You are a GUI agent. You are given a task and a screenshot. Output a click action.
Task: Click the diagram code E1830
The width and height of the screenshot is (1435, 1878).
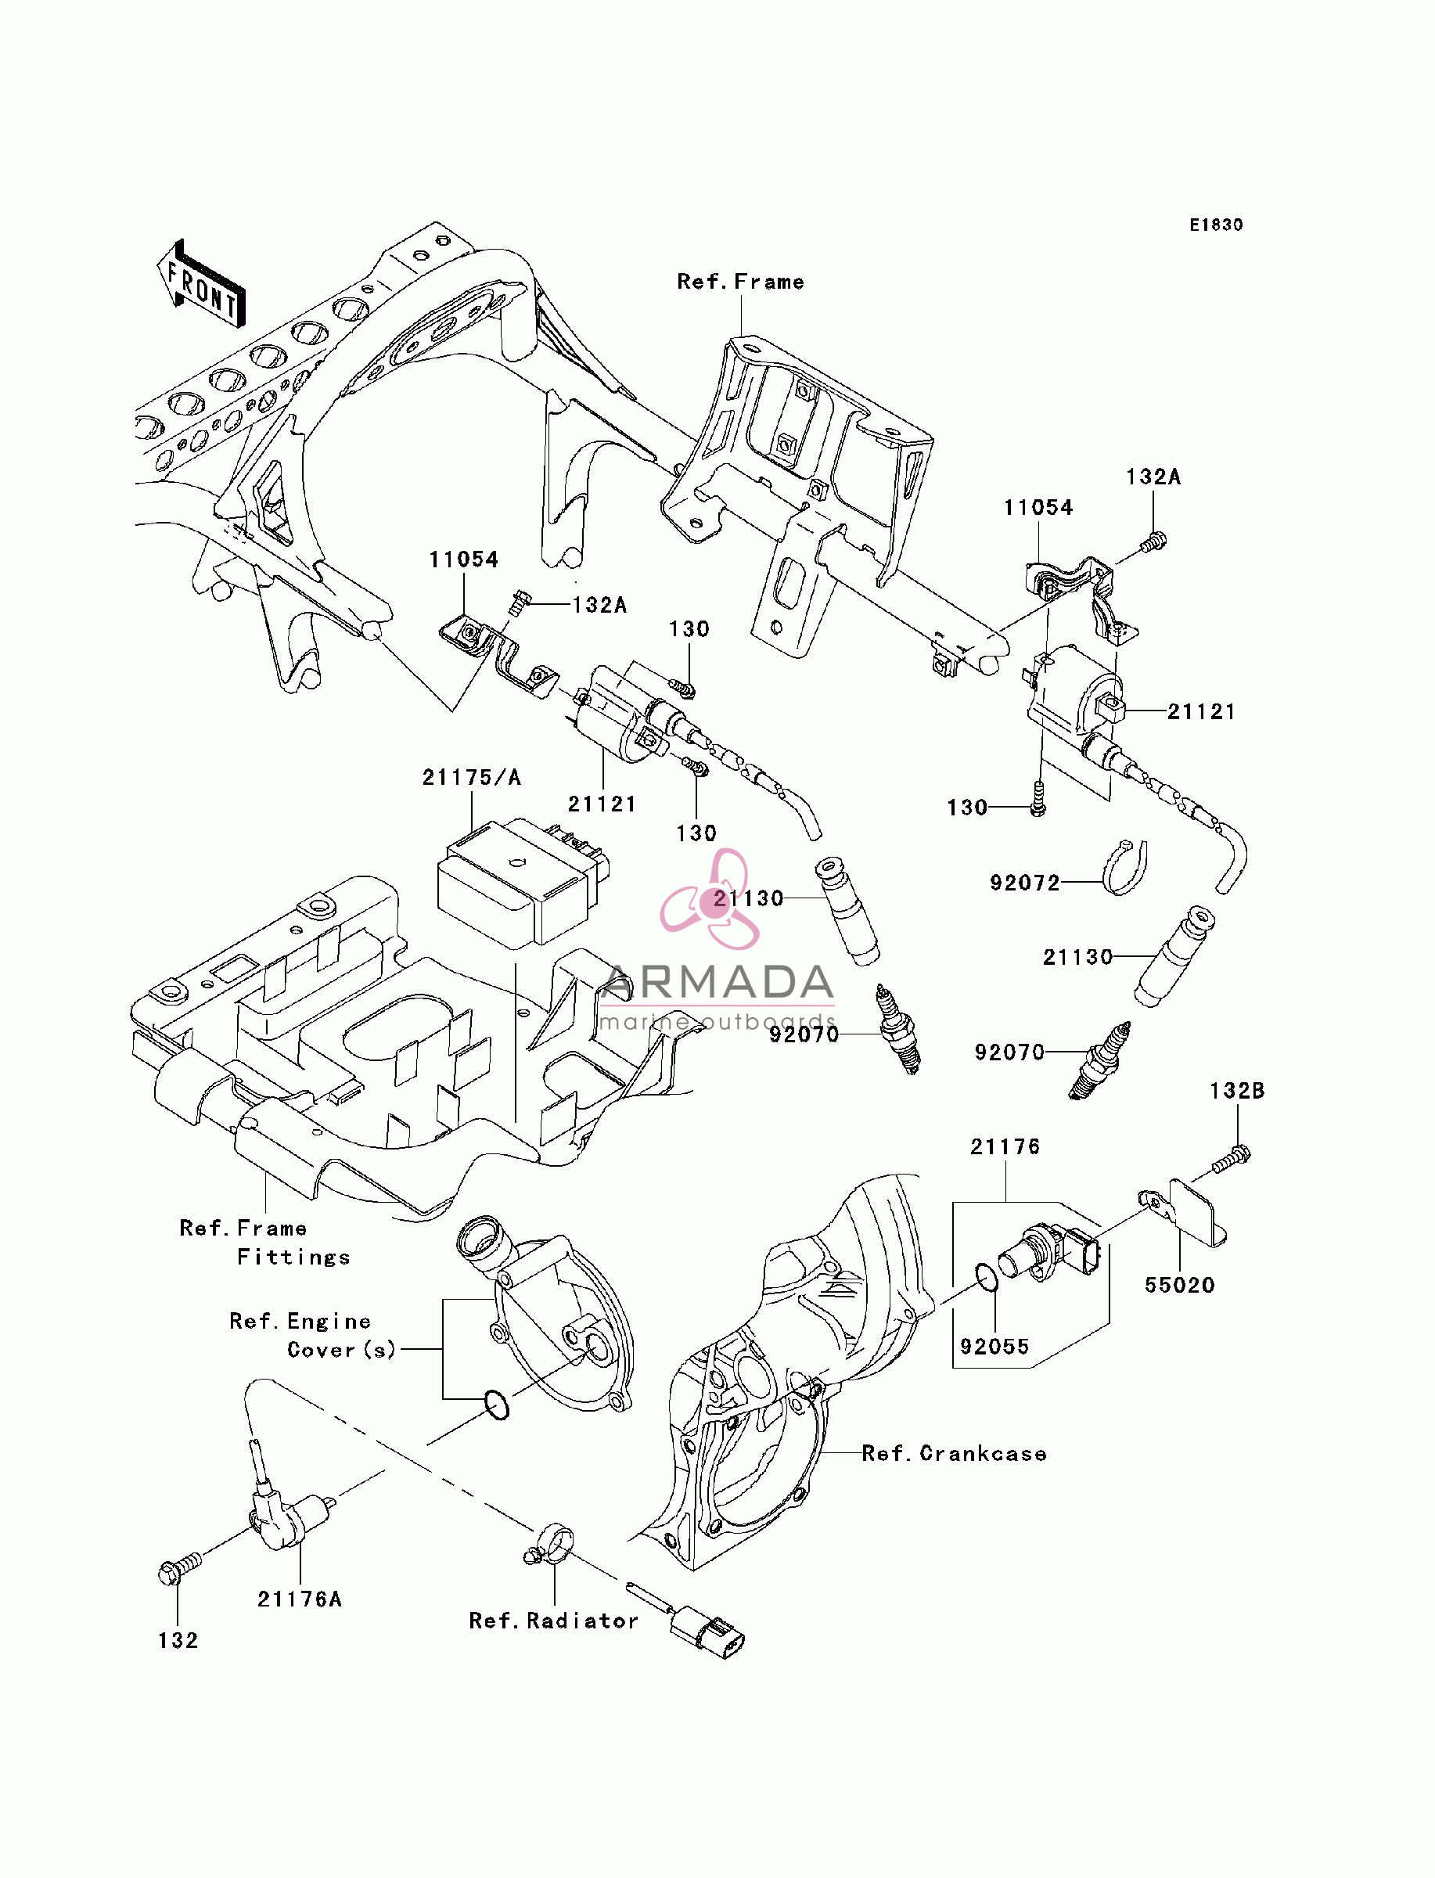click(x=1217, y=225)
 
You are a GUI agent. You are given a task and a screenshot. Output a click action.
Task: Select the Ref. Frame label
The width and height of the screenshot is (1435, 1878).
click(x=740, y=282)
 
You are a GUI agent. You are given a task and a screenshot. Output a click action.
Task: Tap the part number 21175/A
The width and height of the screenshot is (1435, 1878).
click(x=472, y=777)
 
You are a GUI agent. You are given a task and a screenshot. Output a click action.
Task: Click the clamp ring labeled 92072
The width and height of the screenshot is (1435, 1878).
click(x=1124, y=868)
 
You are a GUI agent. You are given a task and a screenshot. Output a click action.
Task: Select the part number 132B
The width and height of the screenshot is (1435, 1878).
click(x=1237, y=1091)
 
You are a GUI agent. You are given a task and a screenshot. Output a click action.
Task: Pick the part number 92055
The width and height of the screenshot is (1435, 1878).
click(x=994, y=1346)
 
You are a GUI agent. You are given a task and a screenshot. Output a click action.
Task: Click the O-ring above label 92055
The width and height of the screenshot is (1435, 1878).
click(x=987, y=1279)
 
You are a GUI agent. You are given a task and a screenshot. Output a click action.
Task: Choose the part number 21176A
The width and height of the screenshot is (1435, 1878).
click(x=300, y=1599)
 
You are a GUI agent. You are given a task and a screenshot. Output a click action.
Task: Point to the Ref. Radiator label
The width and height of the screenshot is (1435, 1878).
click(x=553, y=1621)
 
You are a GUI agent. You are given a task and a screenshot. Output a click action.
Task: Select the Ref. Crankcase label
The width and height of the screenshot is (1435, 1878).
click(x=954, y=1454)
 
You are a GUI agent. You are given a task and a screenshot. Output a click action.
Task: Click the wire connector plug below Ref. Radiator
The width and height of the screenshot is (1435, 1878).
click(x=707, y=1632)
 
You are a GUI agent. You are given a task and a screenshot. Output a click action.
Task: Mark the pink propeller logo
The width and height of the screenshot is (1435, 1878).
click(x=710, y=899)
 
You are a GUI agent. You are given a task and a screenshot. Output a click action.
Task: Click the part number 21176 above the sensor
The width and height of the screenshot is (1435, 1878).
click(x=1005, y=1147)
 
